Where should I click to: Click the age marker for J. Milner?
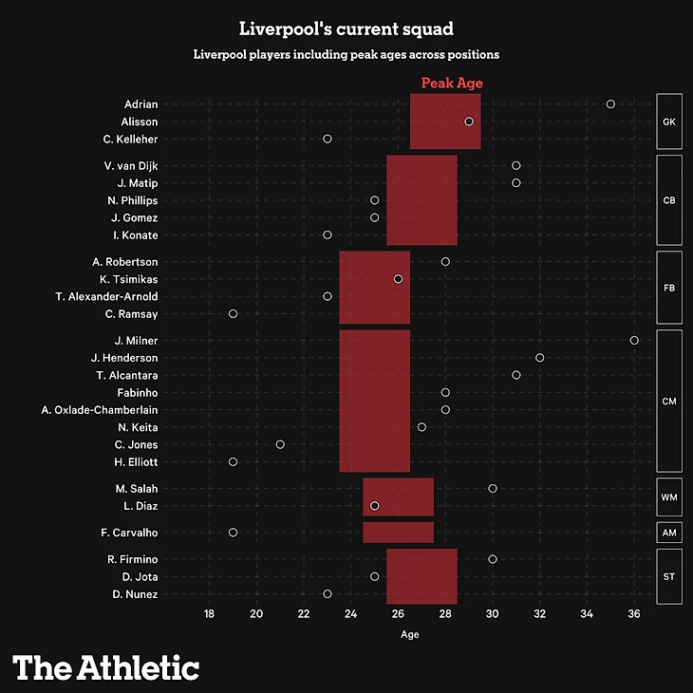click(634, 340)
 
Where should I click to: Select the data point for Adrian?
click(610, 103)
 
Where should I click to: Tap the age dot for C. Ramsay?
click(233, 313)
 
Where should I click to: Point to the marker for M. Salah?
click(493, 488)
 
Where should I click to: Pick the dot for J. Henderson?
click(540, 358)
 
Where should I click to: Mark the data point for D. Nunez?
click(328, 593)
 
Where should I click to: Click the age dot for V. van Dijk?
click(516, 165)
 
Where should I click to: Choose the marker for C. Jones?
click(280, 444)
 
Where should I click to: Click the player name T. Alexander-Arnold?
click(106, 296)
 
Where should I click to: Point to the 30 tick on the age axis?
click(493, 613)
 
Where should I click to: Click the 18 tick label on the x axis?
click(209, 613)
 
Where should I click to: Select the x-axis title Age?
click(409, 634)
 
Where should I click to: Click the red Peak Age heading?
click(452, 84)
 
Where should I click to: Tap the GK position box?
click(669, 122)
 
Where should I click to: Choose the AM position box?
click(669, 533)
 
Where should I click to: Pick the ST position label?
click(669, 576)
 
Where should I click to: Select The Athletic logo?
click(106, 666)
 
